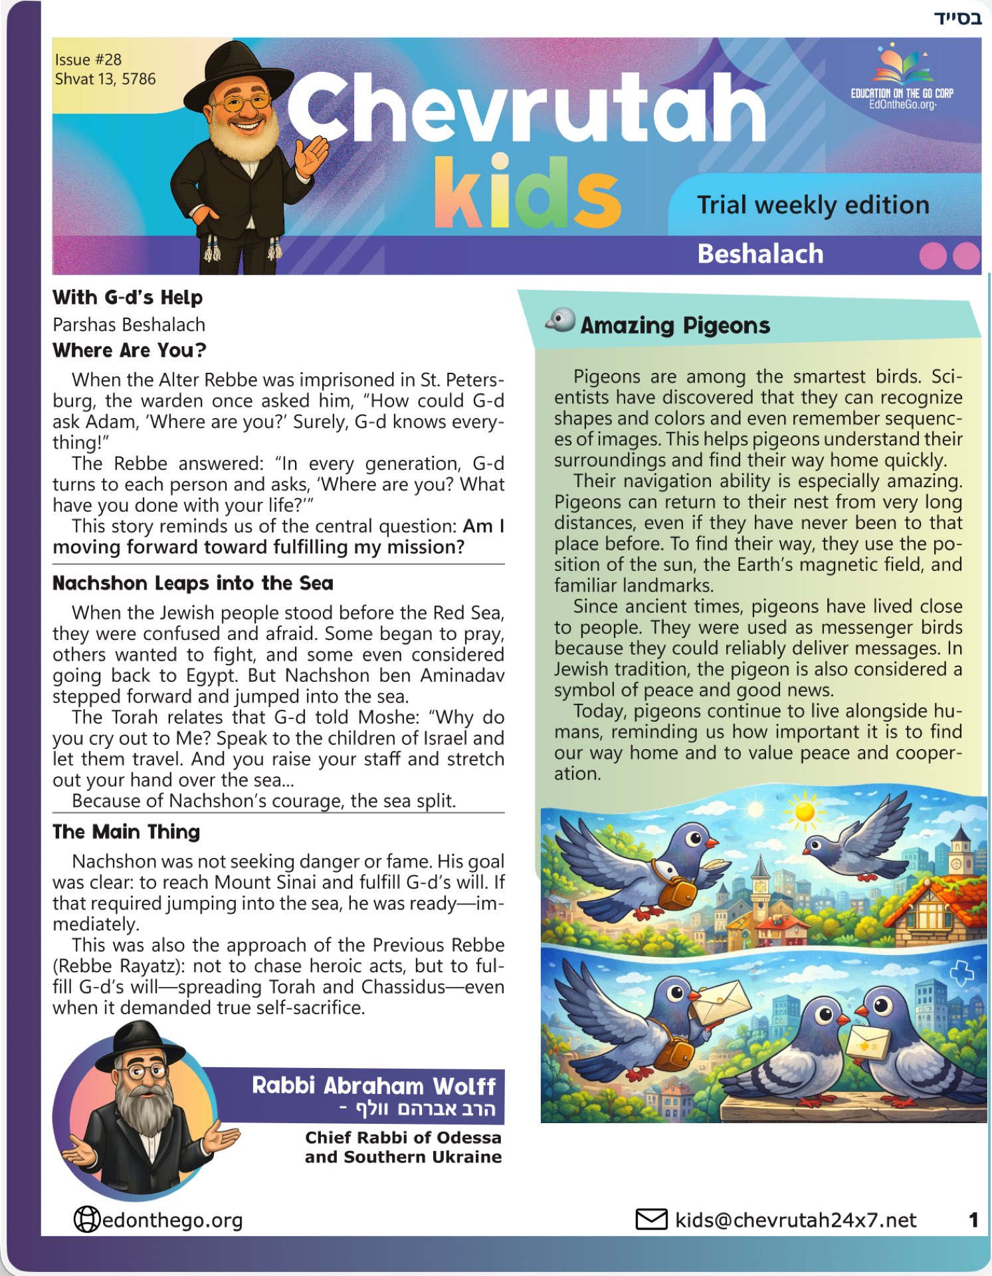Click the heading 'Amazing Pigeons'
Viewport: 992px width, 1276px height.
point(674,325)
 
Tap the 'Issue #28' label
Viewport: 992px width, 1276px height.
point(88,59)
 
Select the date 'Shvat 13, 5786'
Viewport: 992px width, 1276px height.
point(105,79)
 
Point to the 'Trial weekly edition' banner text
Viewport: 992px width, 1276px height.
point(813,205)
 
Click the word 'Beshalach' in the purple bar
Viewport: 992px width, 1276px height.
point(760,254)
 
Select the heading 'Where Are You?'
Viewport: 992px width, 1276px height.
point(130,350)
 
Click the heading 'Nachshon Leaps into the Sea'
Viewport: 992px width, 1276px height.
point(193,583)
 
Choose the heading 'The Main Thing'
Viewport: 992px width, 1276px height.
point(126,831)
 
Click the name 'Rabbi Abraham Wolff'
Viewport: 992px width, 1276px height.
point(373,1085)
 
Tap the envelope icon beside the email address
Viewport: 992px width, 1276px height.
point(651,1220)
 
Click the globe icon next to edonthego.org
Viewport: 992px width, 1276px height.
point(86,1220)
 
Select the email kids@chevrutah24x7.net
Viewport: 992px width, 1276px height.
point(795,1220)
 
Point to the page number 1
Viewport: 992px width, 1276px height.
point(973,1220)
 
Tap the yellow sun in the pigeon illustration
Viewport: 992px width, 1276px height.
point(804,812)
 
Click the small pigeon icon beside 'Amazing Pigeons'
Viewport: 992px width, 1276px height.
point(561,320)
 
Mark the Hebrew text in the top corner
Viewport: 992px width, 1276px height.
point(957,17)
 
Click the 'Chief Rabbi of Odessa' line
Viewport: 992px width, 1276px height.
point(403,1137)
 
